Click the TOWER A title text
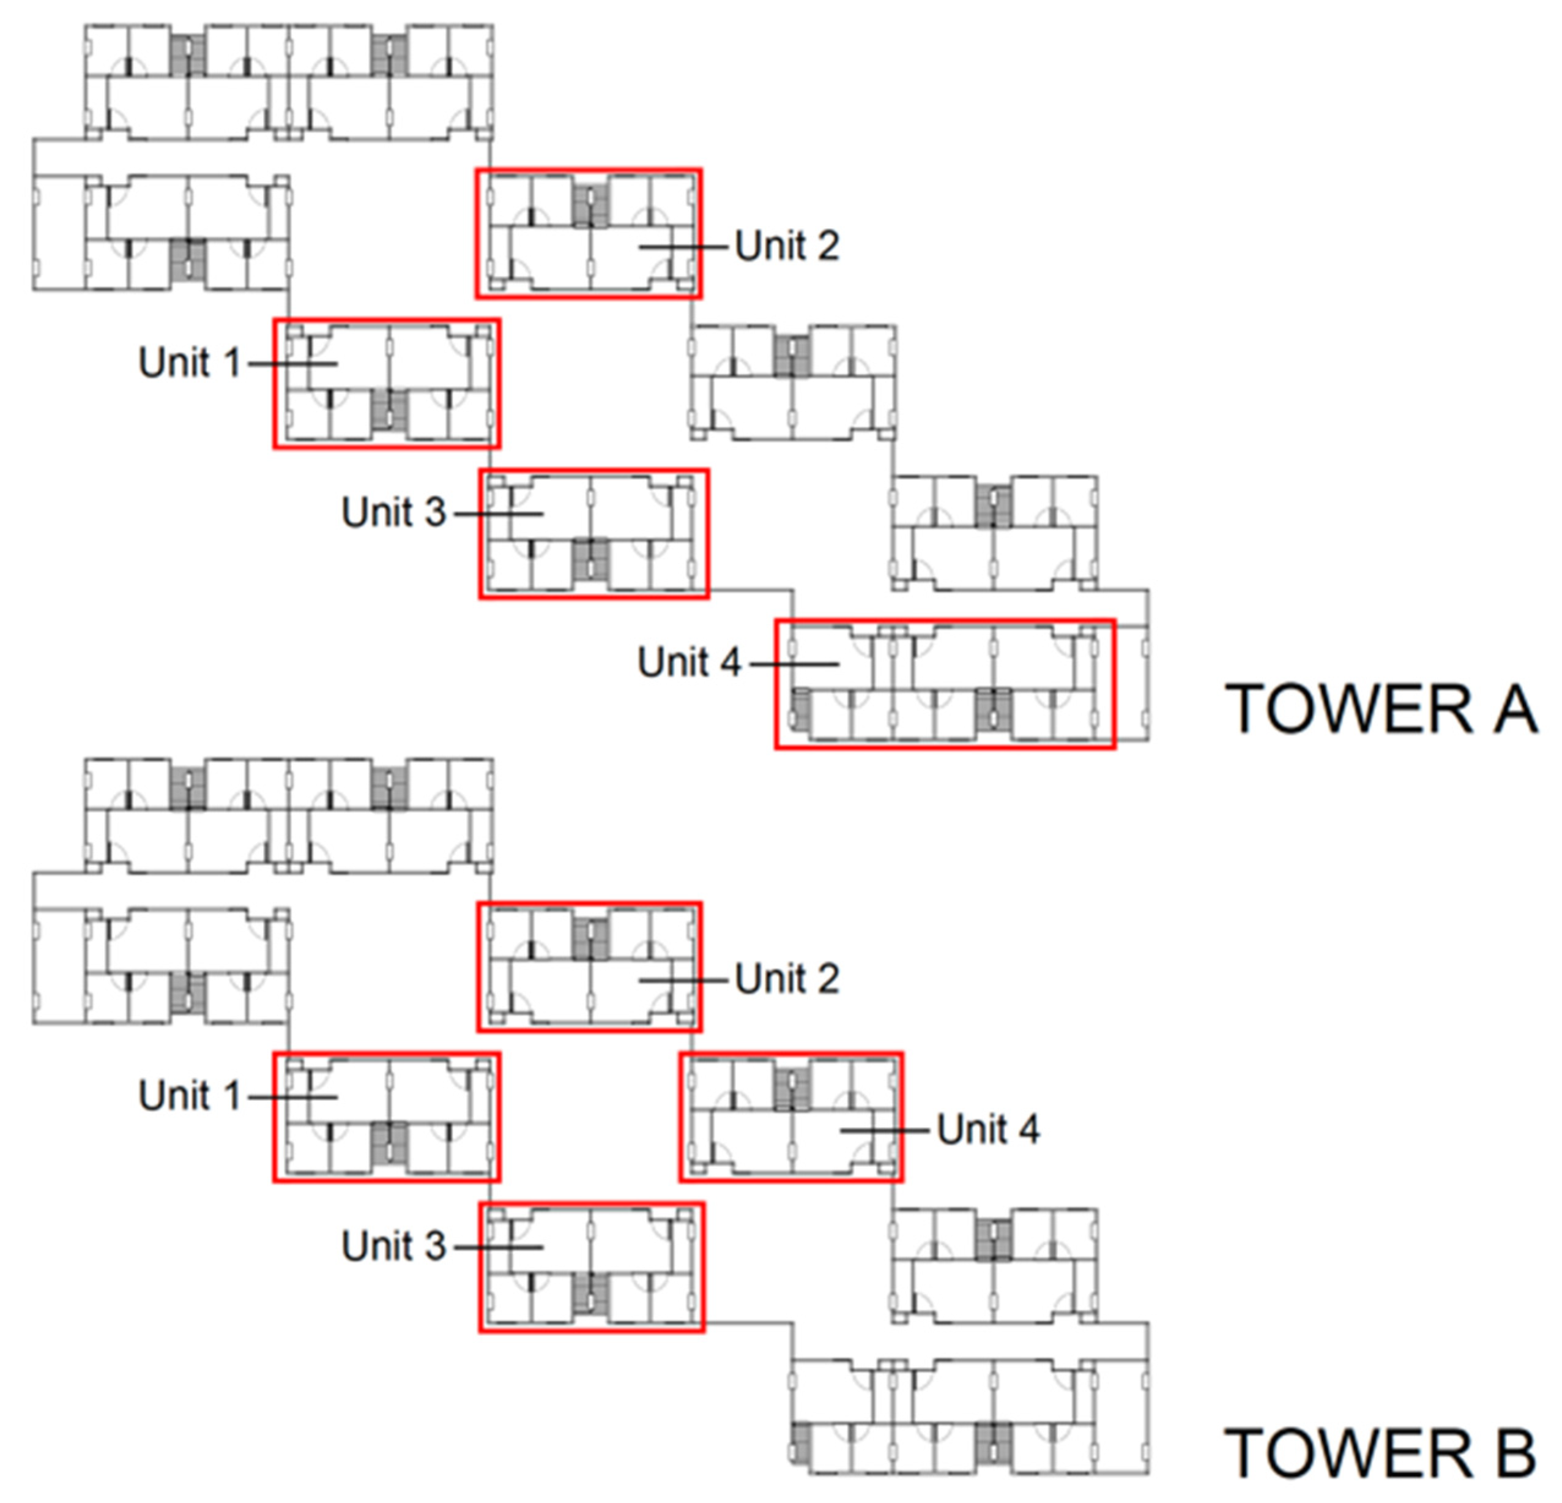1380,709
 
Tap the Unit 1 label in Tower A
190,363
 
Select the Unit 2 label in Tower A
787,246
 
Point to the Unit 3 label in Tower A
393,512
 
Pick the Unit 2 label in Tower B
787,978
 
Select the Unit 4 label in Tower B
987,1129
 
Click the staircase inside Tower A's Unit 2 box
590,205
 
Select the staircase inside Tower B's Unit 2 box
590,939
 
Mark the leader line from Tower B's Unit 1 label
292,1097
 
